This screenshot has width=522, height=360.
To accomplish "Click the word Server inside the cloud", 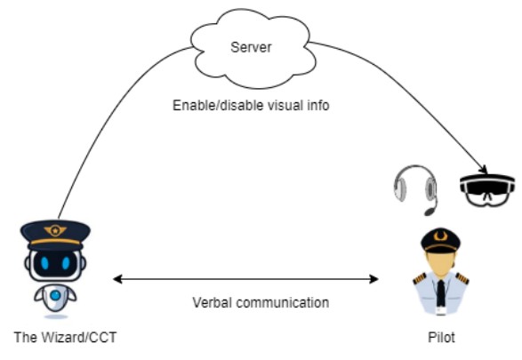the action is coord(251,47).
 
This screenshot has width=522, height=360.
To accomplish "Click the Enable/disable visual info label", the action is coord(251,106).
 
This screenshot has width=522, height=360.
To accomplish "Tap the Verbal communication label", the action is coord(261,303).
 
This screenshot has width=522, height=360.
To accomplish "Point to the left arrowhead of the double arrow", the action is coord(118,279).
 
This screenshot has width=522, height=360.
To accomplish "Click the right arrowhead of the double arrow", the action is coord(374,279).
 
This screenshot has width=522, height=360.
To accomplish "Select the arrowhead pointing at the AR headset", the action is coord(484,169).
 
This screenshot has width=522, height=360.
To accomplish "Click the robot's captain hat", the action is coord(55,235).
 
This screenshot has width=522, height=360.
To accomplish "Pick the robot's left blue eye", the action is coord(44,263).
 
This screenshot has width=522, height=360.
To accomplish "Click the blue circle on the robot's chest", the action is coord(56,295).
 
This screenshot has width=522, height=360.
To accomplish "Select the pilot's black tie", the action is coord(441,292).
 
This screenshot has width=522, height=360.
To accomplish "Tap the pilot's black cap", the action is coord(440,240).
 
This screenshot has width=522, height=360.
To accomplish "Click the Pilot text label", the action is coord(441,338).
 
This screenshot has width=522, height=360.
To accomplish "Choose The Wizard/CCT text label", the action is coord(65,338).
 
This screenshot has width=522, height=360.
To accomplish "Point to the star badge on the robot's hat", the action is coord(55,230).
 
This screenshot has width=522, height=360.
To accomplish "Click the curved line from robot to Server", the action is coord(106,110).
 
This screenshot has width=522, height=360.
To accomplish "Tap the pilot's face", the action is coord(440,263).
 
